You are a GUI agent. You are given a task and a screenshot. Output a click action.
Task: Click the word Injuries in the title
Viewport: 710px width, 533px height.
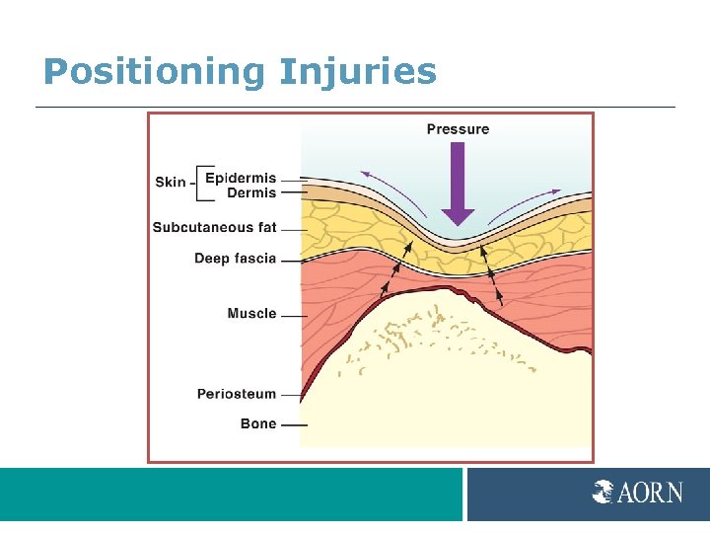pyautogui.click(x=357, y=72)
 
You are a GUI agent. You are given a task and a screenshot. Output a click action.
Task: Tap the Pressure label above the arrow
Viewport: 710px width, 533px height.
pyautogui.click(x=458, y=128)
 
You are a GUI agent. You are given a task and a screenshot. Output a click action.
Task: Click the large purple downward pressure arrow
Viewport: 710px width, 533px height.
pyautogui.click(x=458, y=184)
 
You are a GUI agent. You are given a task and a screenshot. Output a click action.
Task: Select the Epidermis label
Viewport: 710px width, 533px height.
pyautogui.click(x=241, y=179)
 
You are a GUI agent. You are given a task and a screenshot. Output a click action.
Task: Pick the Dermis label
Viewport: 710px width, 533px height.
pyautogui.click(x=251, y=193)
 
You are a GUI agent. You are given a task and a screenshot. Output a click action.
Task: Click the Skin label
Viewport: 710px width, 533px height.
pyautogui.click(x=170, y=182)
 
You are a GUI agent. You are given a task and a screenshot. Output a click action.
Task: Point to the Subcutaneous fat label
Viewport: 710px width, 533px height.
pyautogui.click(x=214, y=228)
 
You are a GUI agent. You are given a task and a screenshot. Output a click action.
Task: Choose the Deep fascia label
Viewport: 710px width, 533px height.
pyautogui.click(x=235, y=259)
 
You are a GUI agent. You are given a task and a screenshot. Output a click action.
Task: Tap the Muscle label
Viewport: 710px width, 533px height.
pyautogui.click(x=251, y=314)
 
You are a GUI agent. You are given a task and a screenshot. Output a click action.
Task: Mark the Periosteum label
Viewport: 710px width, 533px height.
pyautogui.click(x=237, y=394)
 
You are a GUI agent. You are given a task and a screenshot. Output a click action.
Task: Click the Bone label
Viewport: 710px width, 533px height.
pyautogui.click(x=258, y=424)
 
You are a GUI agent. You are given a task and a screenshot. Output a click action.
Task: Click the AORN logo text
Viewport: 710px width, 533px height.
pyautogui.click(x=650, y=492)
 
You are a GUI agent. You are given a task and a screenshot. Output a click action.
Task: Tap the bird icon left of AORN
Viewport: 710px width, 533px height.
pyautogui.click(x=603, y=492)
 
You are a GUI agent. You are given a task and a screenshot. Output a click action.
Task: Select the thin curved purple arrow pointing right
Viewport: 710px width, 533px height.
pyautogui.click(x=526, y=200)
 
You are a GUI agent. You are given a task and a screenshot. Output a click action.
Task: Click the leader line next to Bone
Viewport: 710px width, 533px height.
pyautogui.click(x=293, y=425)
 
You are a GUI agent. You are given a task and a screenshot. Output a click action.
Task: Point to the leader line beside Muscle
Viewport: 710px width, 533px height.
pyautogui.click(x=293, y=315)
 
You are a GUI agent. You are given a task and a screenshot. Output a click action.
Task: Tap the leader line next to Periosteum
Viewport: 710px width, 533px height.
pyautogui.click(x=292, y=395)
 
